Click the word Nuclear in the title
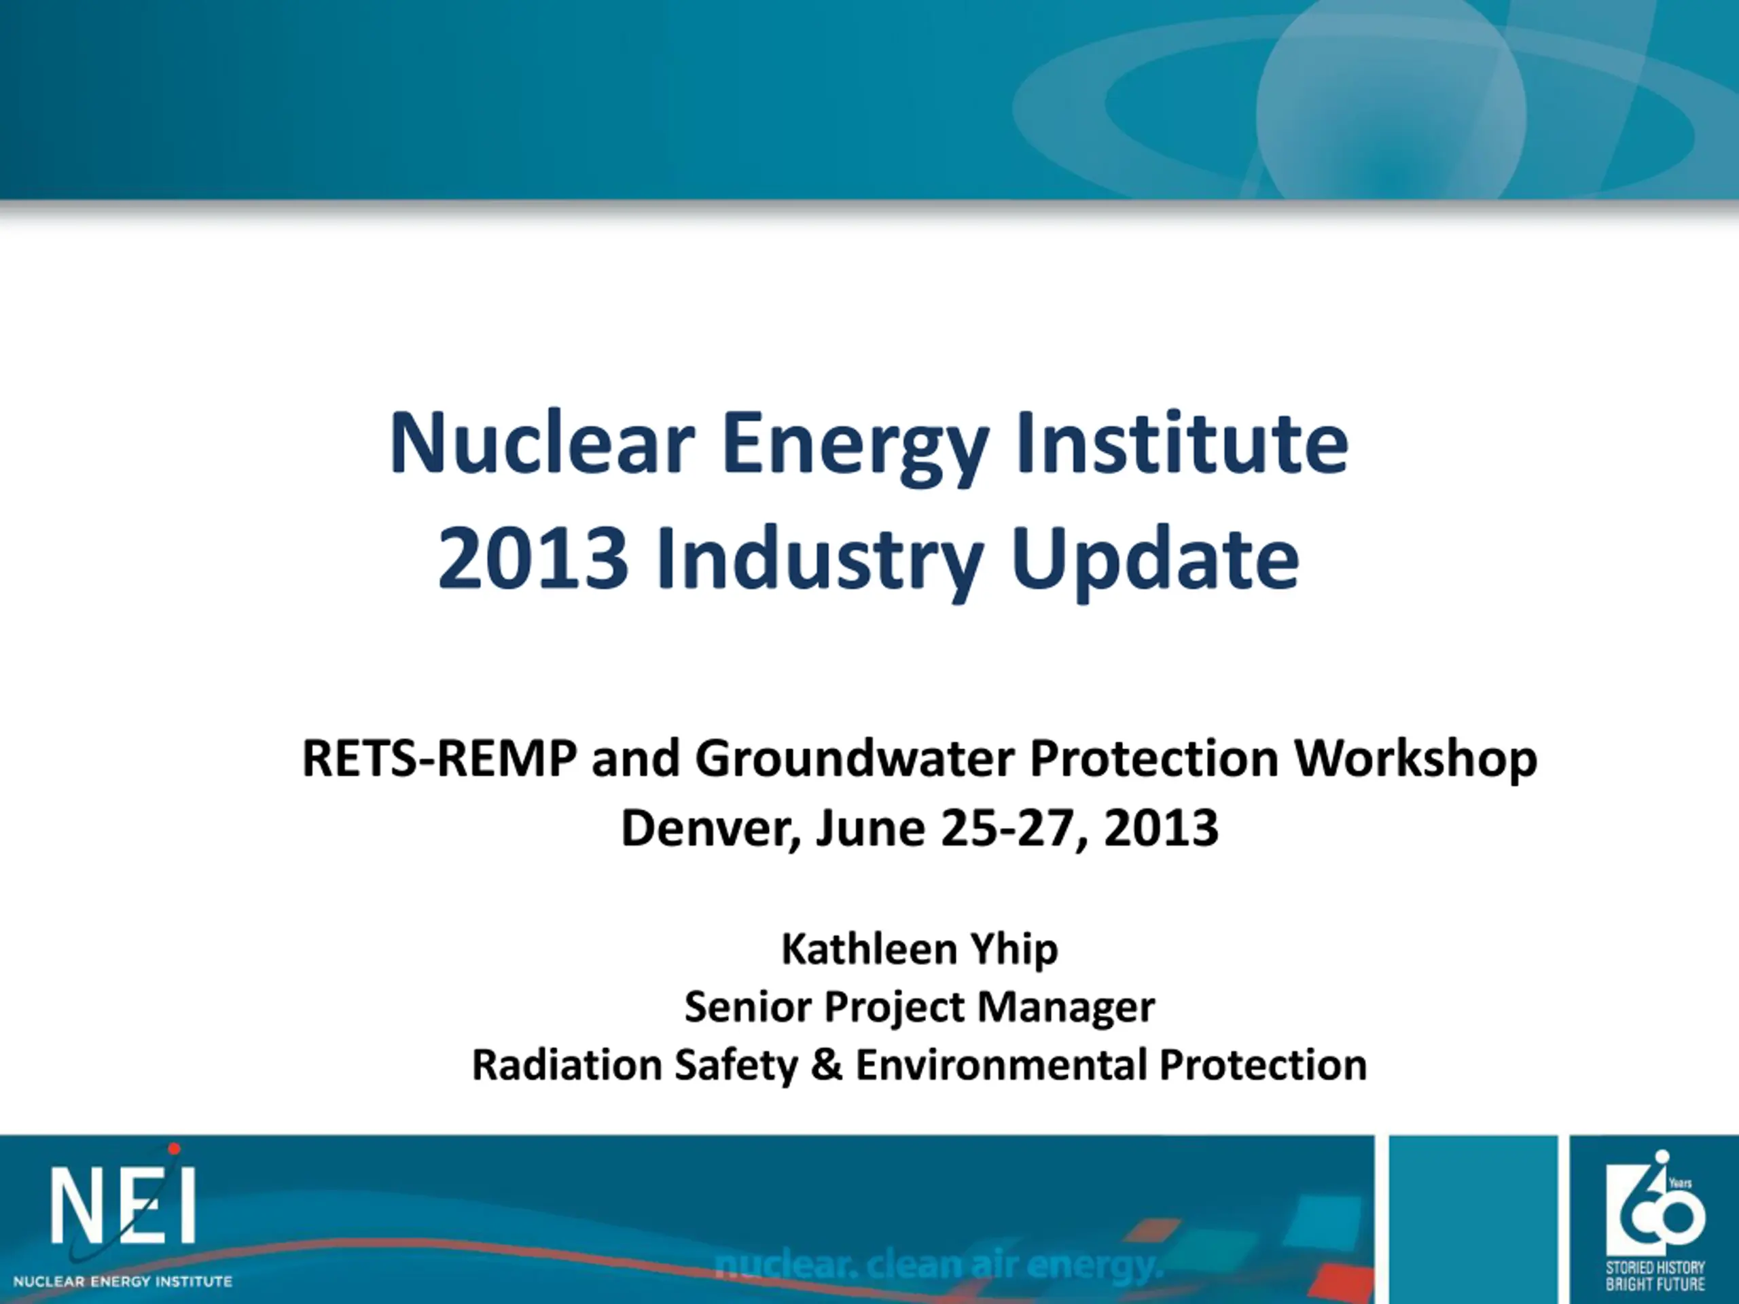(x=543, y=443)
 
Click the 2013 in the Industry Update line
(x=534, y=558)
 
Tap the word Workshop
(x=1416, y=761)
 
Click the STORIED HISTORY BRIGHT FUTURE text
(x=1655, y=1275)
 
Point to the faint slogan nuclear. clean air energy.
(x=938, y=1265)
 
